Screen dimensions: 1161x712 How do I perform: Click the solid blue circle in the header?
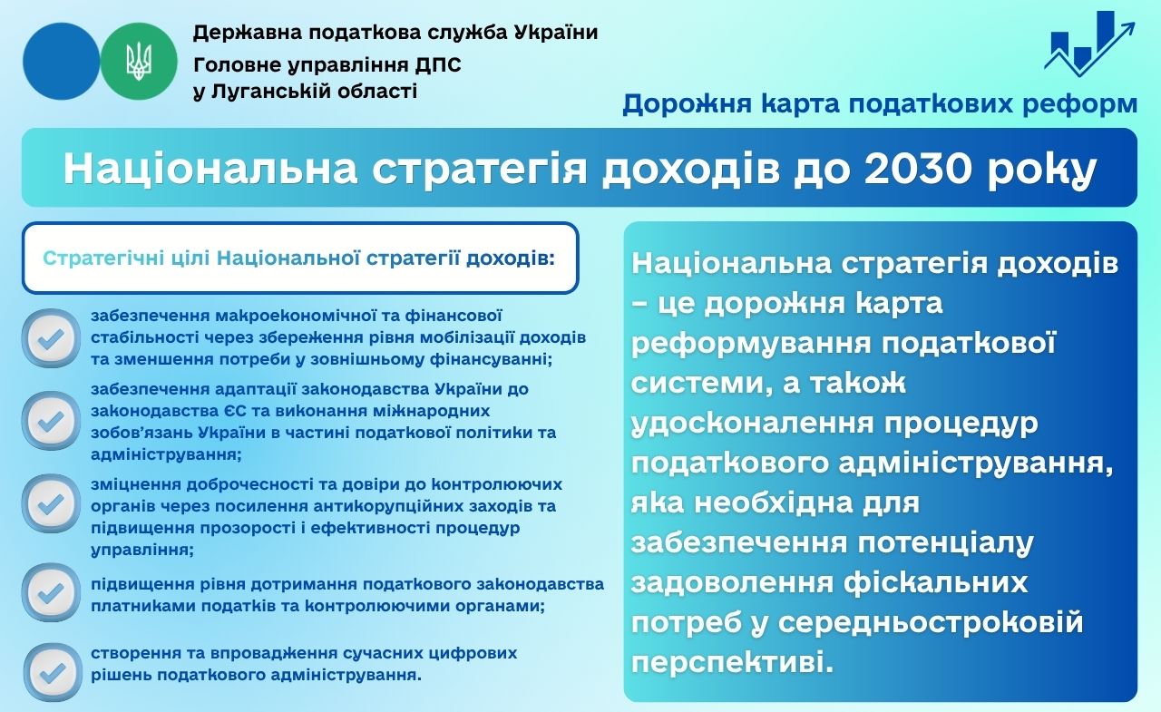[61, 61]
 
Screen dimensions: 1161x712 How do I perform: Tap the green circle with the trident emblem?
[139, 61]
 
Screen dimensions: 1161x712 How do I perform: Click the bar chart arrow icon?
[1089, 44]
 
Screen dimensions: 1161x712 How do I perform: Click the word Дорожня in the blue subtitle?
[687, 103]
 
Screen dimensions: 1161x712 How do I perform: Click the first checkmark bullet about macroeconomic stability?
[51, 338]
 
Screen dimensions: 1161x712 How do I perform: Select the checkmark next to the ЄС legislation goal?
[51, 421]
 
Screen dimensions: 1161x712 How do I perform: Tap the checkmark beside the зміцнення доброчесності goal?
[51, 503]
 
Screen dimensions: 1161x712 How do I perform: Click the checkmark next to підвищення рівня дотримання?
[51, 592]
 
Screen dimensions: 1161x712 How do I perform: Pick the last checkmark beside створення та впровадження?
[53, 673]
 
